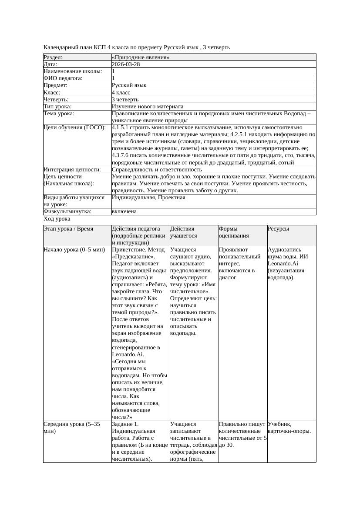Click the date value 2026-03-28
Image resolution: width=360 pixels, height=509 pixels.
(x=126, y=64)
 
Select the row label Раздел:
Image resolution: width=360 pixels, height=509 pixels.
(x=53, y=57)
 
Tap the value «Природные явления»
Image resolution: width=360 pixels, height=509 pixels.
(x=141, y=57)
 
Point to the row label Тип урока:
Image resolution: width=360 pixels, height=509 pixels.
(x=57, y=106)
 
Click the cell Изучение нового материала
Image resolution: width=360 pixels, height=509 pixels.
(x=148, y=106)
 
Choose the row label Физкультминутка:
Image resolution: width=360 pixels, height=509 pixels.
(x=67, y=211)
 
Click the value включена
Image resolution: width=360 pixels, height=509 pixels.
(x=124, y=211)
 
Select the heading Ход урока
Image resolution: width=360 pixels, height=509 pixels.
(x=57, y=219)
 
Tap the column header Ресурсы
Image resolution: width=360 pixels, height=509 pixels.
(x=278, y=229)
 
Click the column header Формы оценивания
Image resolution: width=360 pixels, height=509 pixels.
(x=234, y=232)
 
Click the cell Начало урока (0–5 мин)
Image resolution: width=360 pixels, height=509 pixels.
(x=74, y=250)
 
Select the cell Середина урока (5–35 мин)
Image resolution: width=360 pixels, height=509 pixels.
(x=72, y=427)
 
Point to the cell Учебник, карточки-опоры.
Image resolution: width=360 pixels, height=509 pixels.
(x=289, y=427)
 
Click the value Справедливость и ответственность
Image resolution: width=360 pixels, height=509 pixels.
(x=157, y=169)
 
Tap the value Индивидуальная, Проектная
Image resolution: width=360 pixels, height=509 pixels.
(x=148, y=198)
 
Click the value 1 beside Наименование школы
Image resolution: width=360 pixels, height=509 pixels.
(x=114, y=71)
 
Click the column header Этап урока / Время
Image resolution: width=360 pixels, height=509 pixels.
(x=68, y=229)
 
